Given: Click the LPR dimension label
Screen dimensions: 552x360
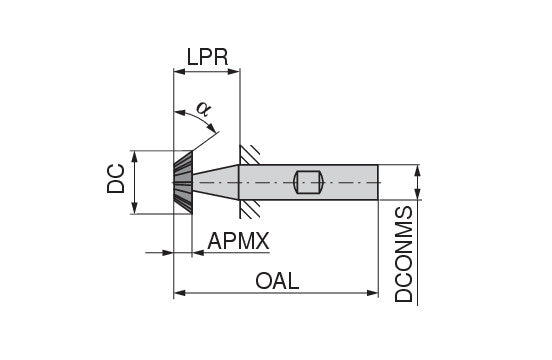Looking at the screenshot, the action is coord(207,57).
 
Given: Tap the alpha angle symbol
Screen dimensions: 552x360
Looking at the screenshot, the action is coord(203,108).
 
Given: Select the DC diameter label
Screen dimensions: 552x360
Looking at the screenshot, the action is coord(116,178).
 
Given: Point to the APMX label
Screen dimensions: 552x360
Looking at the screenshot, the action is coord(238,241).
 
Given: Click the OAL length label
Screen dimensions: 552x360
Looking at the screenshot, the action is coord(277,281).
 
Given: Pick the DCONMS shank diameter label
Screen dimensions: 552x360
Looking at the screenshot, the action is coord(403,254).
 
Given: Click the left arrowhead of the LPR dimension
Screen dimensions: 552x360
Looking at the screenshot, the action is coord(180,72).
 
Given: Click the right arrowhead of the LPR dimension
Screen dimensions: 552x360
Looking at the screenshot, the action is coord(234,72).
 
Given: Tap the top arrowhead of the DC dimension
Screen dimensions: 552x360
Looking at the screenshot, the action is coord(134,157).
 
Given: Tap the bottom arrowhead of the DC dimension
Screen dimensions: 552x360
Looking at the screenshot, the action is coord(134,208).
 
